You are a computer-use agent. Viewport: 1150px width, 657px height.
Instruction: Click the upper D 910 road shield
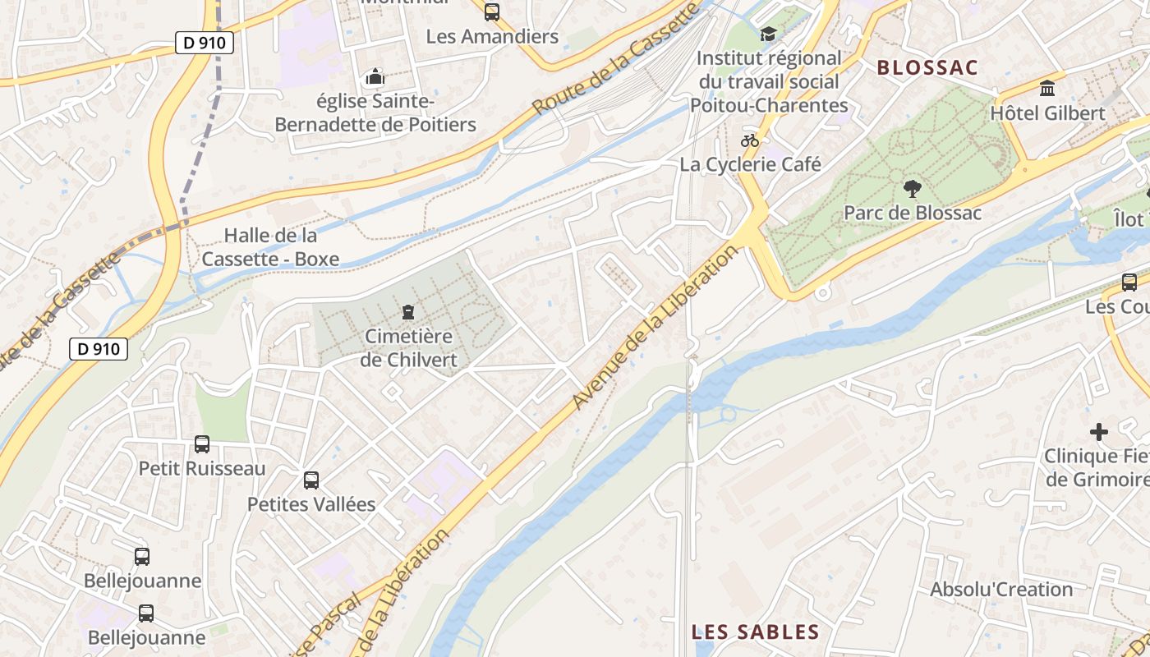[205, 43]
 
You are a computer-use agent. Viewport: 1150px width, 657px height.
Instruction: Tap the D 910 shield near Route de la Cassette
[99, 348]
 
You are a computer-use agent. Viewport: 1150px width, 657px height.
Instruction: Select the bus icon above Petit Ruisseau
[202, 444]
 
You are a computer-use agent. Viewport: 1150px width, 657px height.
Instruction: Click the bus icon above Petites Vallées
[311, 480]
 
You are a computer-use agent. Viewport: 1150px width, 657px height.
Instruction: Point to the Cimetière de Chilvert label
[408, 348]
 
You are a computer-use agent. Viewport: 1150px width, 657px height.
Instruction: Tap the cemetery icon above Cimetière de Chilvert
[407, 311]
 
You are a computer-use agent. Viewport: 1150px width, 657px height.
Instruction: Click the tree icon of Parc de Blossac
[912, 189]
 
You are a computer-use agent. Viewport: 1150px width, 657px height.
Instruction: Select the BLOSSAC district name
[927, 68]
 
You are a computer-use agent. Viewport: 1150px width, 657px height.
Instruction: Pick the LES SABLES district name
[755, 632]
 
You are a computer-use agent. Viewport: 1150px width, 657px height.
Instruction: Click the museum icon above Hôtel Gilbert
[1047, 88]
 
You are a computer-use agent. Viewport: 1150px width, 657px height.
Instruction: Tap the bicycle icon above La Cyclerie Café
[749, 140]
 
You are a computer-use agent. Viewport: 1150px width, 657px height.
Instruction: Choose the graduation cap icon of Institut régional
[768, 34]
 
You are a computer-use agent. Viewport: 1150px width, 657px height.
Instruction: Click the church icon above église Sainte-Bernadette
[375, 77]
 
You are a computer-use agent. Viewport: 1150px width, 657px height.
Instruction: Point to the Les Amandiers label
[492, 37]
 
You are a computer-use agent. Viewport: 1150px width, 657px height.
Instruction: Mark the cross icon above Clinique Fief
[1099, 432]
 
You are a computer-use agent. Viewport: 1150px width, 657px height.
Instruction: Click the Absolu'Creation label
[1001, 590]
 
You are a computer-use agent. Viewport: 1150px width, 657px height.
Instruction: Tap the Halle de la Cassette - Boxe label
[270, 247]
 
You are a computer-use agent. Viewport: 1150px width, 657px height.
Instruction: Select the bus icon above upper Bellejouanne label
[142, 557]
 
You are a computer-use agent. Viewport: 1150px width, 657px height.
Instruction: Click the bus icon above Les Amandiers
[492, 11]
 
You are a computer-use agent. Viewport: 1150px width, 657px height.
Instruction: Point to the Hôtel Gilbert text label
[1047, 113]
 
